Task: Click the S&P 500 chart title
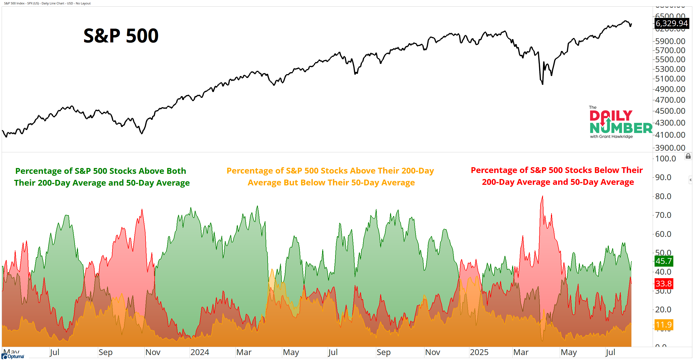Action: [121, 36]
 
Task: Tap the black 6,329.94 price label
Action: [671, 23]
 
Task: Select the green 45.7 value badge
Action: [664, 261]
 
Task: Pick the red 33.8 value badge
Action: [664, 283]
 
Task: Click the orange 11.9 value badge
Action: [664, 325]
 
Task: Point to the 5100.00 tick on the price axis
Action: [670, 79]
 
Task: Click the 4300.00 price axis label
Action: [670, 123]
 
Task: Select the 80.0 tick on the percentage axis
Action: [663, 196]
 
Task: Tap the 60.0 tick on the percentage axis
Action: [663, 234]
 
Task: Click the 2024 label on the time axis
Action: [200, 352]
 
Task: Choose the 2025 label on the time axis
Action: [479, 352]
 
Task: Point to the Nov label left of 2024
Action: [153, 352]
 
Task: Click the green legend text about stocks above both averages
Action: [102, 177]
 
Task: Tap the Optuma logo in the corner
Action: [13, 356]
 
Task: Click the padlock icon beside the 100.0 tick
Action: [688, 156]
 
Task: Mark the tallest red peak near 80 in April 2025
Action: [542, 196]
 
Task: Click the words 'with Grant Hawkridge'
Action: [611, 137]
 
